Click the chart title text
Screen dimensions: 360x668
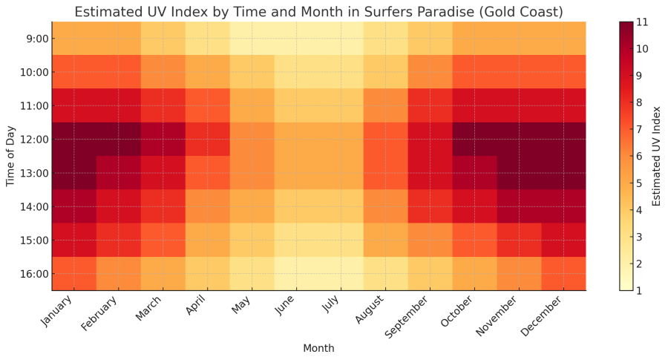pyautogui.click(x=318, y=12)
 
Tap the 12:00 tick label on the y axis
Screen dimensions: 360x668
pyautogui.click(x=33, y=140)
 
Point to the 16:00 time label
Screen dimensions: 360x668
pyautogui.click(x=33, y=274)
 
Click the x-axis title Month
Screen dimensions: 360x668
pyautogui.click(x=318, y=348)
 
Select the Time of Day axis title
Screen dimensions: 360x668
pyautogui.click(x=11, y=156)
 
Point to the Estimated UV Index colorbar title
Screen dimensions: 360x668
pyautogui.click(x=657, y=156)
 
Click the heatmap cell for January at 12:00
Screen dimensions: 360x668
pyautogui.click(x=73, y=140)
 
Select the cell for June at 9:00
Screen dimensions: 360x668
pyautogui.click(x=296, y=39)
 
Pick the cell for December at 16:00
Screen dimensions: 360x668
pyautogui.click(x=563, y=274)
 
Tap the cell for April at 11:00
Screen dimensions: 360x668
pyautogui.click(x=207, y=105)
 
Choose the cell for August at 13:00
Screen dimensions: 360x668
pyautogui.click(x=385, y=173)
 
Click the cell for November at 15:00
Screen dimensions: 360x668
pyautogui.click(x=519, y=240)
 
